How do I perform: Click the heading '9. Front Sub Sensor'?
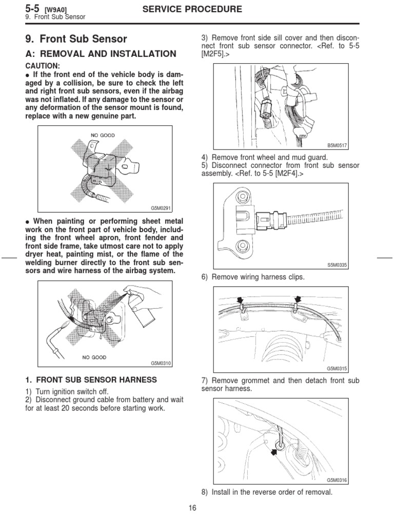(x=76, y=39)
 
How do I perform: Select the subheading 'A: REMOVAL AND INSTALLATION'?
(x=101, y=54)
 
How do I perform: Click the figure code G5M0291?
(x=160, y=208)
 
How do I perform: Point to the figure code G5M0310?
(x=160, y=363)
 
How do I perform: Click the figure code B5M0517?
(x=337, y=146)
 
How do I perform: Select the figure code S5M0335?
(x=337, y=265)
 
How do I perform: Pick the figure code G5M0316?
(x=337, y=480)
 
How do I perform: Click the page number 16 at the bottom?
(x=192, y=509)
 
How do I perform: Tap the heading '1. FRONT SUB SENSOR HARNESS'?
(x=91, y=380)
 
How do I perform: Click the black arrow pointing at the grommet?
(x=273, y=452)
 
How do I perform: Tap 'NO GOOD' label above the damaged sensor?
(x=103, y=136)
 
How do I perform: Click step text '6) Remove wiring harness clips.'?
(x=253, y=277)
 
